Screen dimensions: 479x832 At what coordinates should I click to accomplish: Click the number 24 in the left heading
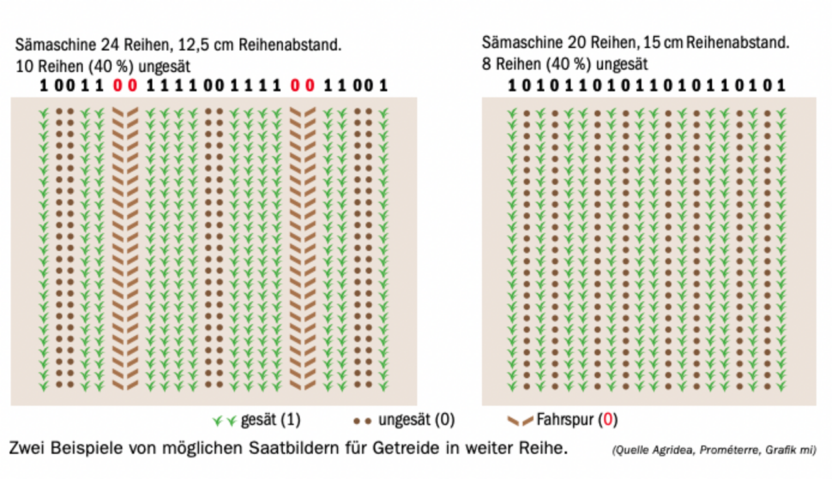point(109,46)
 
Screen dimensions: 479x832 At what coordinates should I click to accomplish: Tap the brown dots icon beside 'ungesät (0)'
point(363,421)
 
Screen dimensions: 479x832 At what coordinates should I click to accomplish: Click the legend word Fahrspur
point(565,420)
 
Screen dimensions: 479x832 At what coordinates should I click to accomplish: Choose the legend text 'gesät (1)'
point(270,420)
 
